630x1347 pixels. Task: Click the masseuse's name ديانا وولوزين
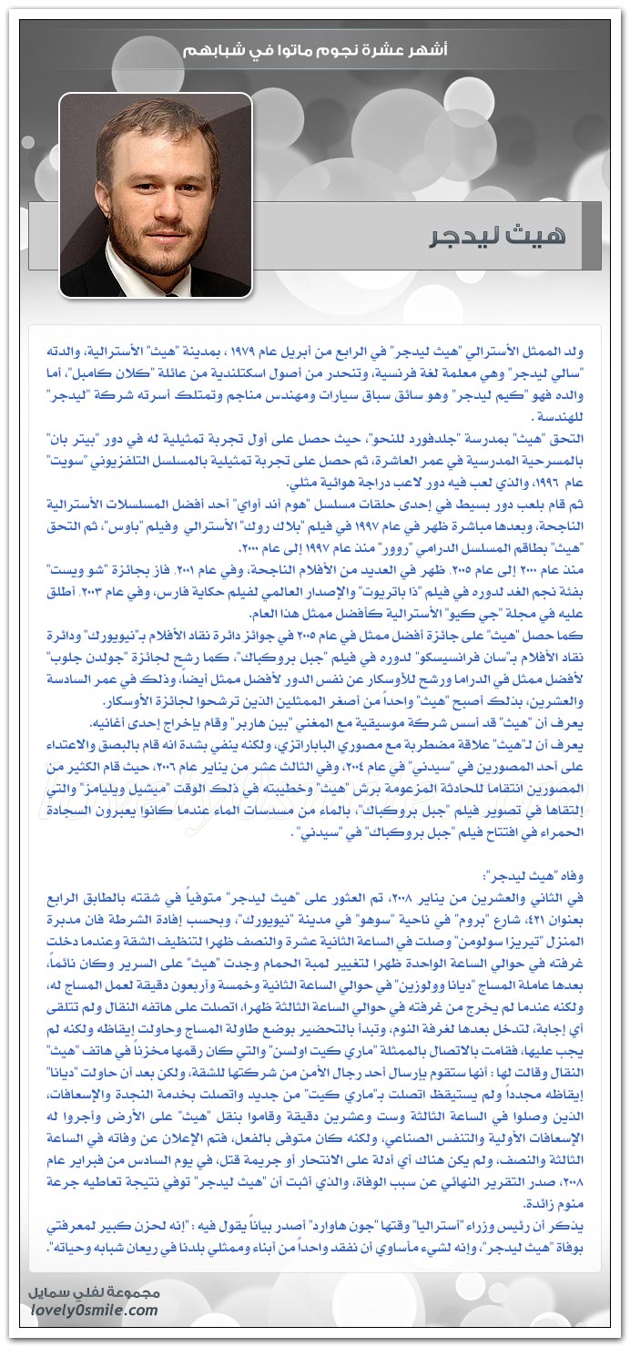[x=459, y=980]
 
